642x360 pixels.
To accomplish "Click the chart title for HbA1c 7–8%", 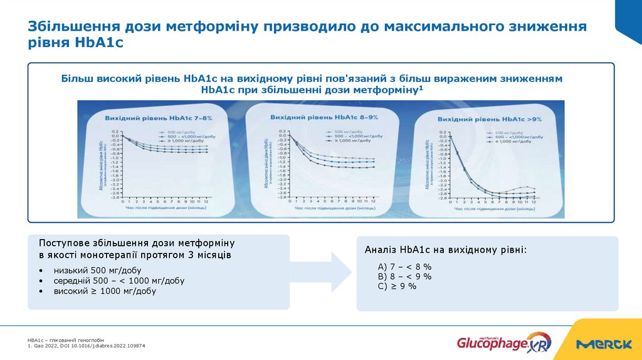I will click(x=159, y=118).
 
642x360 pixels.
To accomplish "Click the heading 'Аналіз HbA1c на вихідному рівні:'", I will click(x=446, y=250).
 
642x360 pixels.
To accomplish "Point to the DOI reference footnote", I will click(x=86, y=346).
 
